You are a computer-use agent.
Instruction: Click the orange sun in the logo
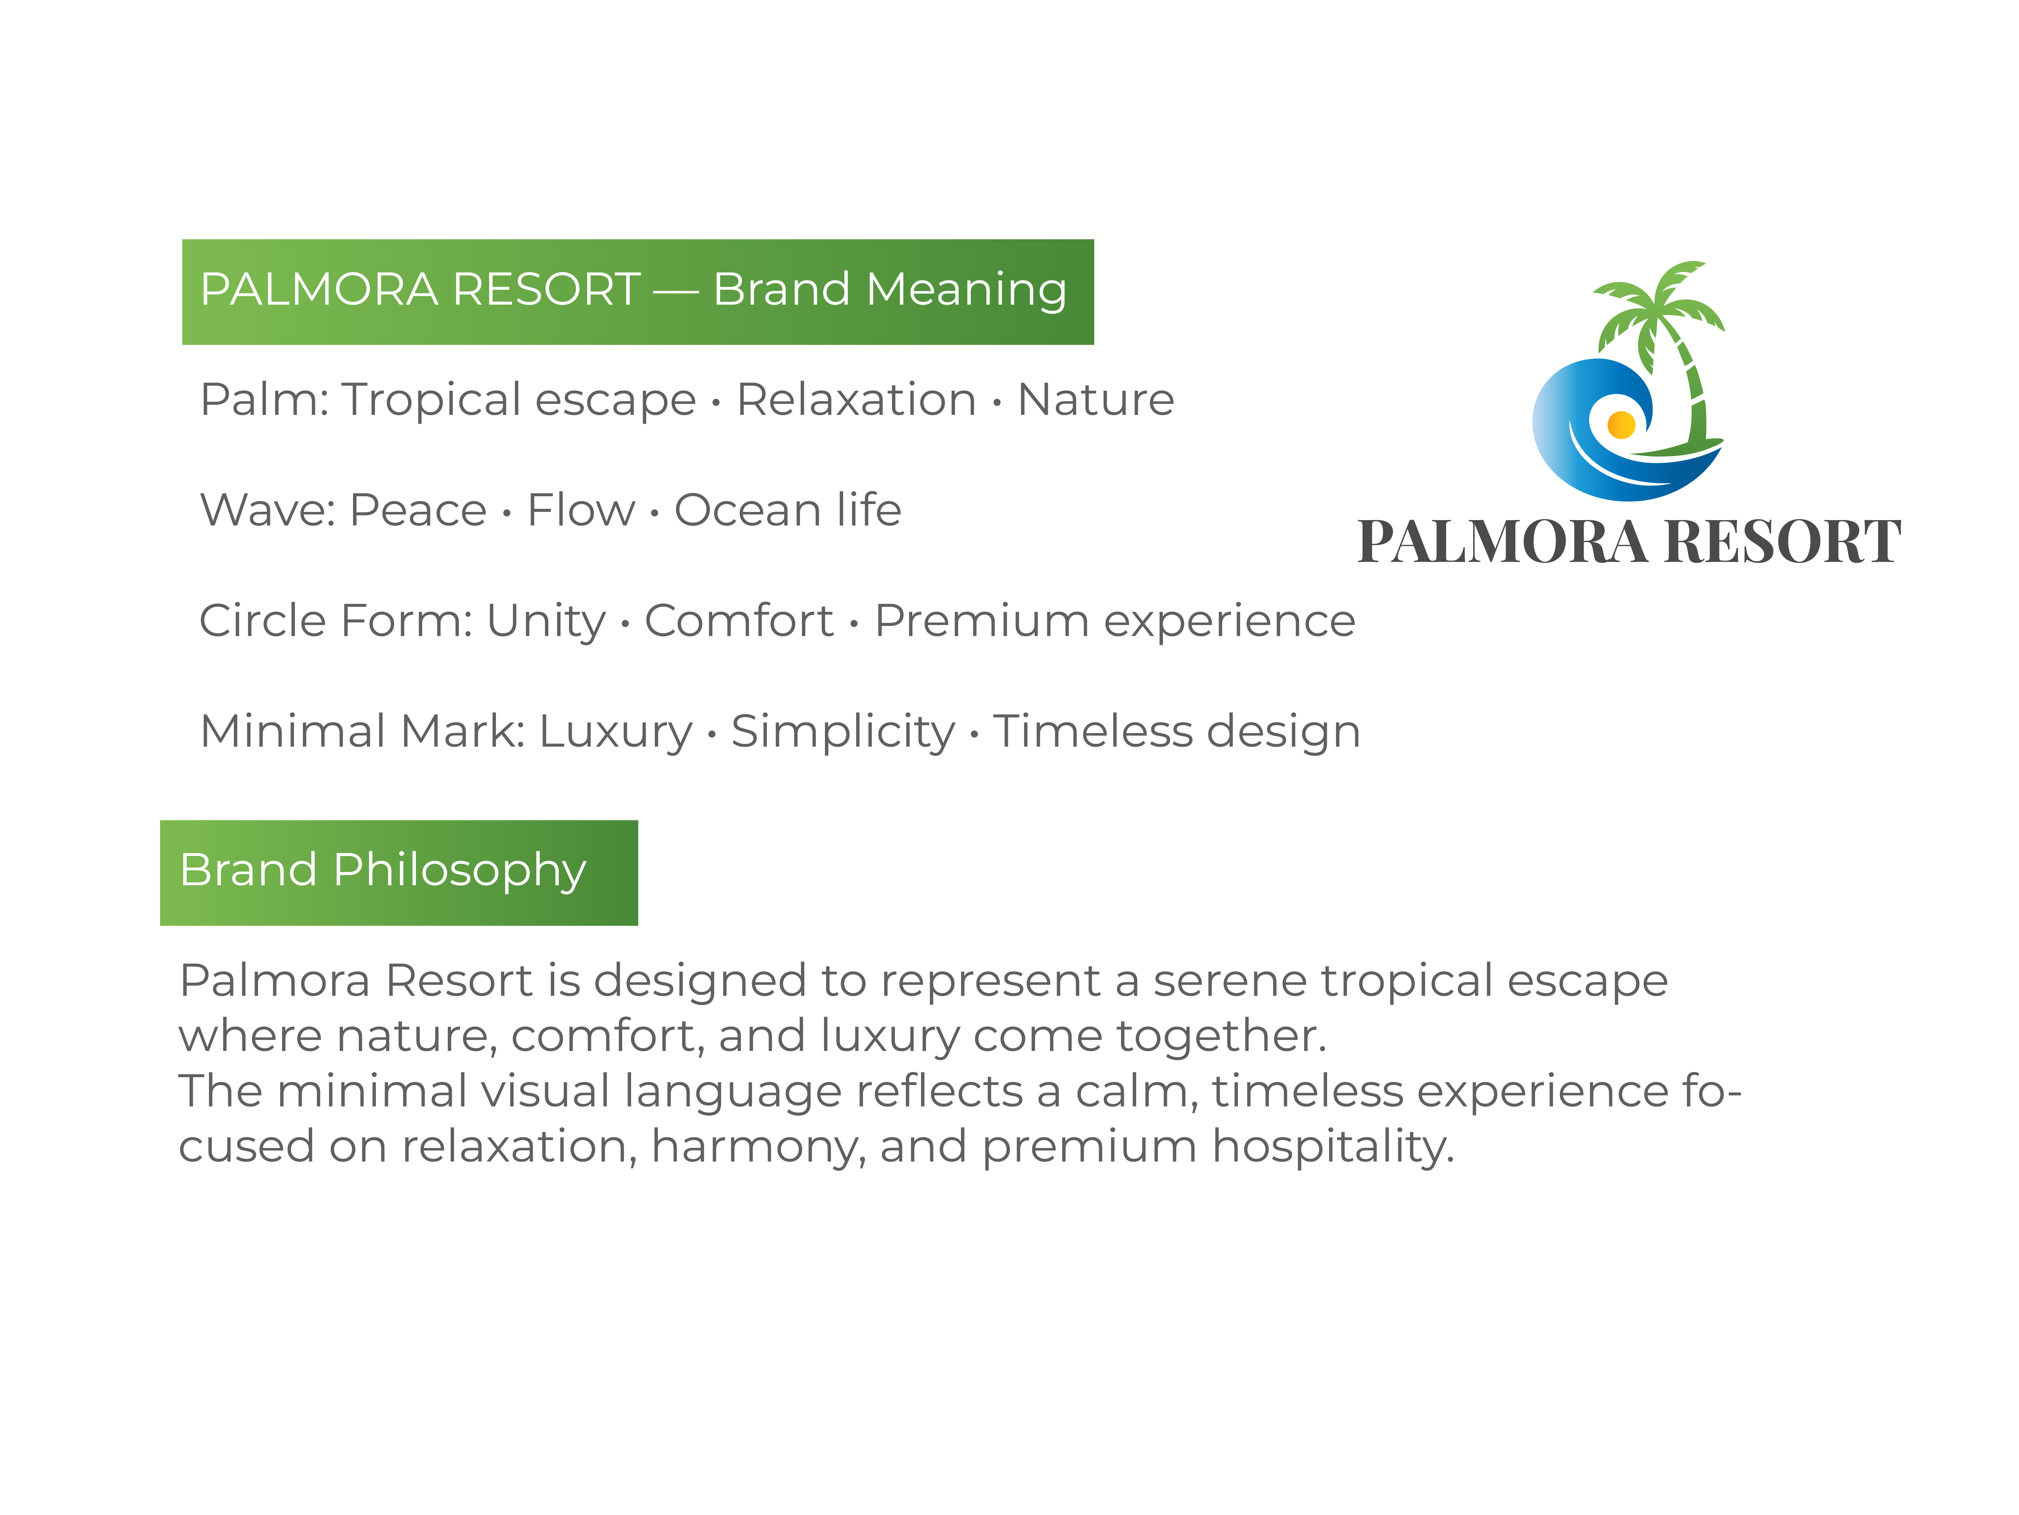[1621, 424]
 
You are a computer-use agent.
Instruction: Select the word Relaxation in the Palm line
[856, 400]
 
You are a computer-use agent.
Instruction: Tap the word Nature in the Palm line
[1095, 400]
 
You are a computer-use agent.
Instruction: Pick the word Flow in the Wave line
[580, 510]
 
